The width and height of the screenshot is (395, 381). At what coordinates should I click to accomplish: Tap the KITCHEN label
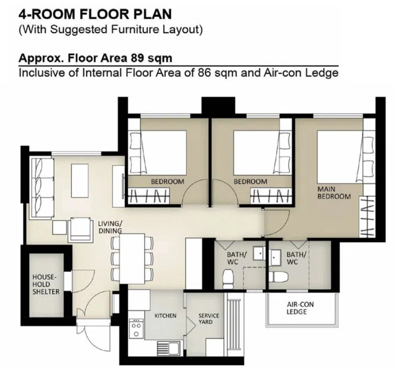165,316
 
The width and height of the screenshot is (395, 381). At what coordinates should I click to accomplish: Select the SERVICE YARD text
208,319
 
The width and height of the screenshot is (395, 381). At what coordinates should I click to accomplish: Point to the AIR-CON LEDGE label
296,308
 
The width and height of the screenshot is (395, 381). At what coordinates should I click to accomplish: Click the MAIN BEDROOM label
334,193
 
